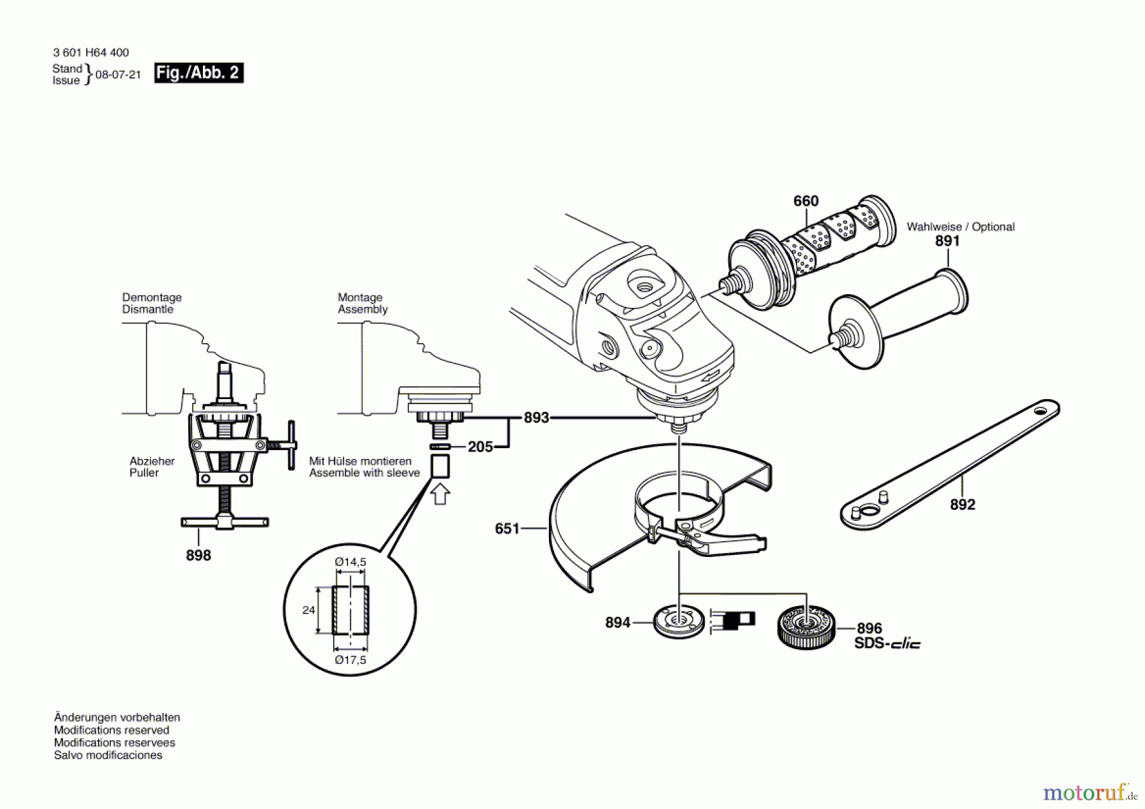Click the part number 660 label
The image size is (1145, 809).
(805, 201)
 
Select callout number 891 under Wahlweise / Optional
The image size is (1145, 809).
(947, 241)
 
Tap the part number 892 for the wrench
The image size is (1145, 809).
(962, 505)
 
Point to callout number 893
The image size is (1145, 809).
(536, 418)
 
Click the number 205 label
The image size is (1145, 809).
(480, 447)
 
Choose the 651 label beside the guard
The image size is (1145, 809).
(507, 529)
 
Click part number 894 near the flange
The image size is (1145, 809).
(617, 623)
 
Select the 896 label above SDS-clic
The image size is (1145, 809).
(869, 628)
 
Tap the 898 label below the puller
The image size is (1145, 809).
(198, 556)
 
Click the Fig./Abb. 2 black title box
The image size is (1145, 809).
(198, 73)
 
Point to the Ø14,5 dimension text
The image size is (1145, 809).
(350, 562)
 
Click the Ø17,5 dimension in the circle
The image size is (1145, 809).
(350, 660)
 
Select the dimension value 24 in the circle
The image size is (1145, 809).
(309, 610)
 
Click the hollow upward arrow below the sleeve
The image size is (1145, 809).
(440, 495)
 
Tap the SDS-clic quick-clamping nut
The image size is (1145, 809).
(806, 627)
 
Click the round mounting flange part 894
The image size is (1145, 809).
(679, 621)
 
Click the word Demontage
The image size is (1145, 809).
(151, 297)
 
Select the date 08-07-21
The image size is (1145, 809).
(118, 74)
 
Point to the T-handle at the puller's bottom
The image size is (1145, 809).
(225, 523)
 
